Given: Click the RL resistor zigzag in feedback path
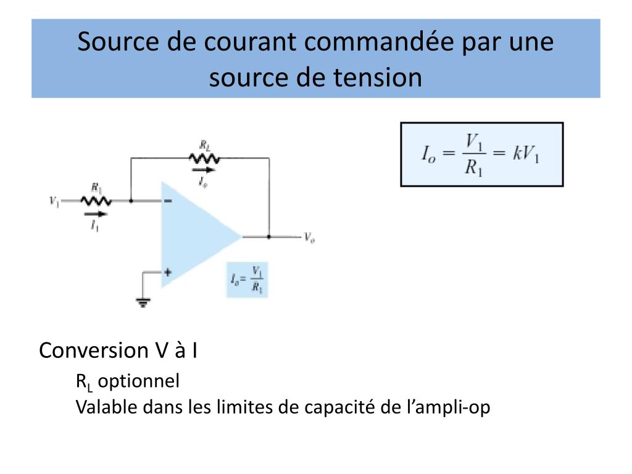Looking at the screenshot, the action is click(x=204, y=158).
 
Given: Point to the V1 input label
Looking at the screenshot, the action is click(x=54, y=201).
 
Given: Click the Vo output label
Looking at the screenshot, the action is click(x=309, y=237).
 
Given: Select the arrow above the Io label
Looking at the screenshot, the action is click(x=203, y=169).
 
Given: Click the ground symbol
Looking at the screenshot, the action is click(x=144, y=302).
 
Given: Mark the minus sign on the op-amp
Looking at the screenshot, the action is click(x=168, y=201).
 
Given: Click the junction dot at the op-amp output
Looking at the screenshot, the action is click(x=269, y=236).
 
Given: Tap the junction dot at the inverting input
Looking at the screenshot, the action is click(x=131, y=201).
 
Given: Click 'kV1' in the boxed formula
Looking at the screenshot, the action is click(x=526, y=154).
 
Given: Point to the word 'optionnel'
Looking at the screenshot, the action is click(x=139, y=381).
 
